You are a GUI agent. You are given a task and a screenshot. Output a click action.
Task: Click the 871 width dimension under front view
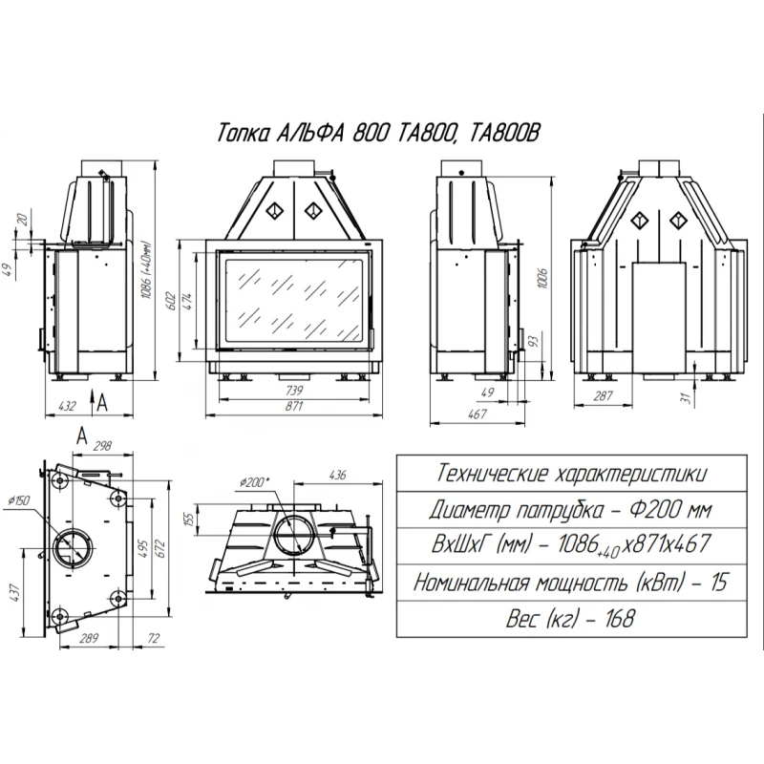pyautogui.click(x=294, y=407)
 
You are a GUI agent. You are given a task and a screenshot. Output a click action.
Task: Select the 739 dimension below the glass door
pyautogui.click(x=294, y=391)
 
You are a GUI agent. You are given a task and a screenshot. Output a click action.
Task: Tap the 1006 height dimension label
pyautogui.click(x=543, y=278)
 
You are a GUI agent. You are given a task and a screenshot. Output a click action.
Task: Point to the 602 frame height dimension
pyautogui.click(x=171, y=302)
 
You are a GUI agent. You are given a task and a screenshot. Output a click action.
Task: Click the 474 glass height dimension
pyautogui.click(x=187, y=301)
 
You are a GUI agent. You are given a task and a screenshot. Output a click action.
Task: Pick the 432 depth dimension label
pyautogui.click(x=67, y=406)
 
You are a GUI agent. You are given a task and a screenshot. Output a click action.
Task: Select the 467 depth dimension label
pyautogui.click(x=477, y=414)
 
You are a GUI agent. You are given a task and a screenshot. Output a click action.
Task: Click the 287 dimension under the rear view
pyautogui.click(x=603, y=395)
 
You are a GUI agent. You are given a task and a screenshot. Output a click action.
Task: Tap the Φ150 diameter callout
pyautogui.click(x=19, y=500)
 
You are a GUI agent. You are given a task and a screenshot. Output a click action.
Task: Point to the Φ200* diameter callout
pyautogui.click(x=254, y=482)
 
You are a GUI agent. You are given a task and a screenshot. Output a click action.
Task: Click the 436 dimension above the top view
pyautogui.click(x=338, y=474)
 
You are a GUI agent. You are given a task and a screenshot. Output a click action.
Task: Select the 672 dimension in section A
pyautogui.click(x=162, y=548)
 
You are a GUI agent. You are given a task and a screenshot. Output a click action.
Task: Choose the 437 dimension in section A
pyautogui.click(x=16, y=592)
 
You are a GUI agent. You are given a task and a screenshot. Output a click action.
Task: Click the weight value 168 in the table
pyautogui.click(x=621, y=619)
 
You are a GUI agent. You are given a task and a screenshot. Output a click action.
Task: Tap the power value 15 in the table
pyautogui.click(x=719, y=583)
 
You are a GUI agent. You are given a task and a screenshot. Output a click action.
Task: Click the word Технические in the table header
pyautogui.click(x=491, y=474)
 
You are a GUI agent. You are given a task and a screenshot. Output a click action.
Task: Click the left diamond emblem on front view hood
pyautogui.click(x=274, y=210)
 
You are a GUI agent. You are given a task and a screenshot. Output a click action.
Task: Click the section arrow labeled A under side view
pyautogui.click(x=93, y=402)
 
